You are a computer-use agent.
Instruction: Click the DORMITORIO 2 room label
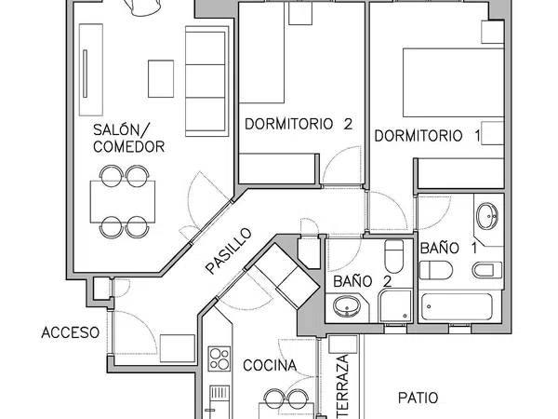[299, 123]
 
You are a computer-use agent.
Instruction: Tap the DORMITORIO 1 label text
[428, 135]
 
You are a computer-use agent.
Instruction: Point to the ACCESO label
[70, 332]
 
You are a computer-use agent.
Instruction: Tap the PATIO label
[418, 398]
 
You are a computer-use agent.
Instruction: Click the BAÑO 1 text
[449, 249]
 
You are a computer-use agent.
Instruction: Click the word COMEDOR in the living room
[129, 147]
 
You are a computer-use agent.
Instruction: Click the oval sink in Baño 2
[348, 305]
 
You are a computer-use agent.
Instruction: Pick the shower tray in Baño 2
[395, 305]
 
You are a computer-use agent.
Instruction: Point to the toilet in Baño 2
[393, 254]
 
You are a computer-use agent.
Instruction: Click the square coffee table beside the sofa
[161, 77]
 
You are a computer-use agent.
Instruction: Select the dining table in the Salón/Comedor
[124, 199]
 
